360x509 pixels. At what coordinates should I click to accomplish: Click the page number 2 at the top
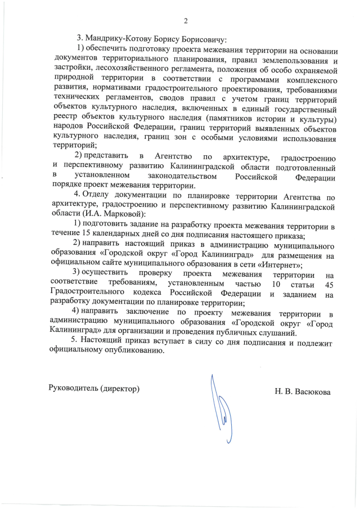point(185,21)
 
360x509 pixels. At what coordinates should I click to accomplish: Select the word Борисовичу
point(194,40)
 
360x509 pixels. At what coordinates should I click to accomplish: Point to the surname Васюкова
point(313,391)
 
